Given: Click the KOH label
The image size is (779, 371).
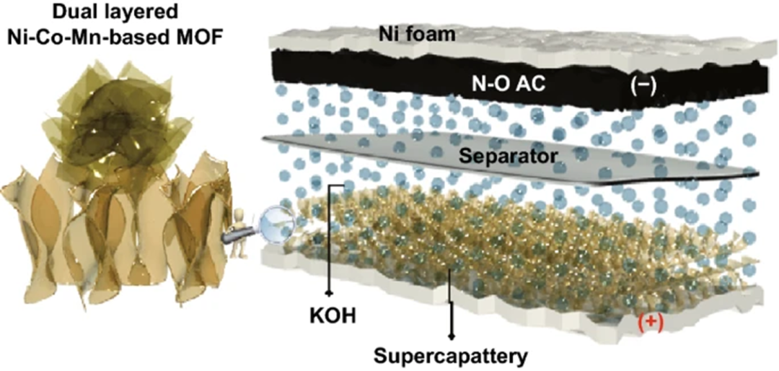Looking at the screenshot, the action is pos(329,315).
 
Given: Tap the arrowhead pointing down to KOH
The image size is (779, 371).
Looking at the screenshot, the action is pos(330,294).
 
